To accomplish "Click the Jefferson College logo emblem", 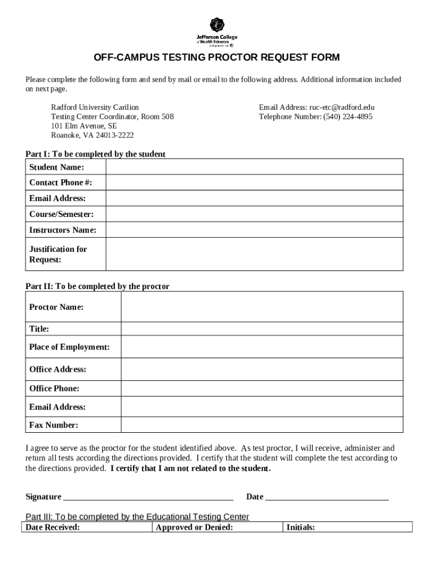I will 217,25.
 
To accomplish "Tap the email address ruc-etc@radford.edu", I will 342,107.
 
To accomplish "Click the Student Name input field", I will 254,167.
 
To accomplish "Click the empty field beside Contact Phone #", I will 254,183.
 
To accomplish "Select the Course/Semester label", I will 61,214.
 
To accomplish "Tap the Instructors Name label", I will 63,230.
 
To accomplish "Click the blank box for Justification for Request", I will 254,254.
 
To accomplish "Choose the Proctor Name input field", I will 262,307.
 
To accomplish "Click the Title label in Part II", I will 39,329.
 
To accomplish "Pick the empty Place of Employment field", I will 262,347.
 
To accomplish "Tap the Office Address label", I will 57,369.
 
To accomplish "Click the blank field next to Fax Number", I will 262,424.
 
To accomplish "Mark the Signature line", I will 148,498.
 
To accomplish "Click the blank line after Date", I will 327,498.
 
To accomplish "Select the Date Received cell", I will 87,527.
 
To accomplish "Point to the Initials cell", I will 348,527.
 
